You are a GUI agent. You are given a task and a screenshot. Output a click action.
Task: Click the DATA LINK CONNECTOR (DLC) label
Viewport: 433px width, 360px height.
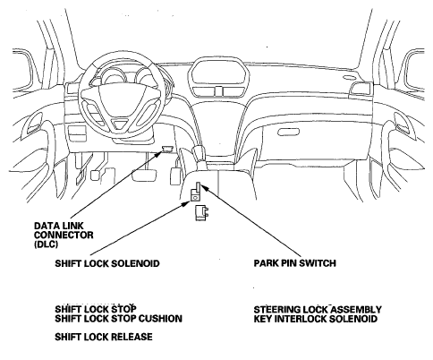coord(64,235)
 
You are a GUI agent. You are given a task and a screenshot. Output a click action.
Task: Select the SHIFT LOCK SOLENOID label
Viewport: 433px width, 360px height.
coord(107,263)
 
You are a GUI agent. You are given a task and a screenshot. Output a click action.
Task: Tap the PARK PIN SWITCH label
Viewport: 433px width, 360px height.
coord(295,263)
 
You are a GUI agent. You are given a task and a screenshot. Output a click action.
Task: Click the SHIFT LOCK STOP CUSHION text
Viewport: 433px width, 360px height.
coord(118,319)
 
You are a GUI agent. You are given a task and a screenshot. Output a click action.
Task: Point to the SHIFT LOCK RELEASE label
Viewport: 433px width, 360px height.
coord(104,337)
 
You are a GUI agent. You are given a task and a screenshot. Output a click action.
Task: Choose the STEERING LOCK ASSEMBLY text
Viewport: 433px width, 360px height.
coord(318,309)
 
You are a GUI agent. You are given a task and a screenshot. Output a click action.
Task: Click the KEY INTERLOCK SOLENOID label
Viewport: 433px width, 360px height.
coord(316,319)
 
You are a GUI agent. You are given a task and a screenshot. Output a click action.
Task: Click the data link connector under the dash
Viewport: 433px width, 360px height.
coord(167,149)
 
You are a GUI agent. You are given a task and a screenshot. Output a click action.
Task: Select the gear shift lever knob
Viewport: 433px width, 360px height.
coord(198,150)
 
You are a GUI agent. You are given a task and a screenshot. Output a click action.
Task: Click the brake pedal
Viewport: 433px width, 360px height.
coord(145,175)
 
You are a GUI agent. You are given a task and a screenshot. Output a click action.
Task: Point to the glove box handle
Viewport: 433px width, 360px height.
coord(288,132)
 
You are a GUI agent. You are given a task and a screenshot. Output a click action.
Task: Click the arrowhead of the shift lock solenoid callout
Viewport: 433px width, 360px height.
coord(186,203)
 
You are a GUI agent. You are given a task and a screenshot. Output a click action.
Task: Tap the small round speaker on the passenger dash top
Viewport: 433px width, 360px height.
coord(349,78)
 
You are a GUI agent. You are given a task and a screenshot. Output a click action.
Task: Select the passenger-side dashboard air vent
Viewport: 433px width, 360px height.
coord(361,89)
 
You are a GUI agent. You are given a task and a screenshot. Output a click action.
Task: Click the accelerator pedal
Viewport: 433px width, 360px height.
coord(174,176)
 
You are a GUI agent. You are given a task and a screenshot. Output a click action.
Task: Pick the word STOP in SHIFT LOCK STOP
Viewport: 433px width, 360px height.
coord(123,309)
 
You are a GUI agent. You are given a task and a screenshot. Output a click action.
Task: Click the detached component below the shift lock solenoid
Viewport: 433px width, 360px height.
coord(201,213)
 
